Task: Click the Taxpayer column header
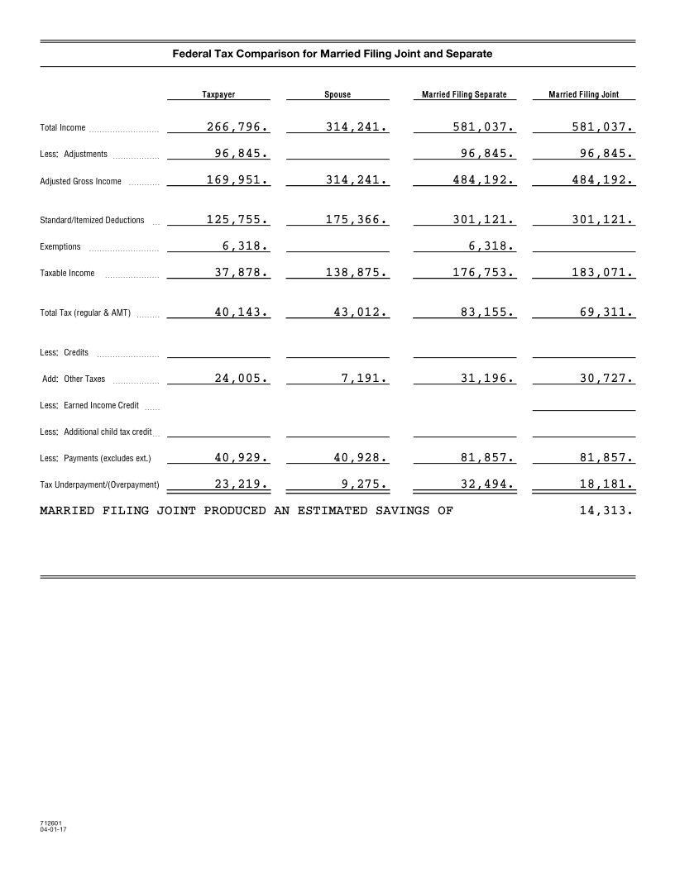(218, 95)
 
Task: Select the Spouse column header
(337, 95)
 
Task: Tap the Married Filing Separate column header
(464, 95)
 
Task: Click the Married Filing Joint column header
(583, 95)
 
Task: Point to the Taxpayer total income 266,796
(237, 127)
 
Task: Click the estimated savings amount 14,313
(606, 510)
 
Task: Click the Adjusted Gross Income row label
(80, 182)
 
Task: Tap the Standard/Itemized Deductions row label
(92, 221)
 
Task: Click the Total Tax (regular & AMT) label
(85, 313)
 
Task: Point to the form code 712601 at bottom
(51, 823)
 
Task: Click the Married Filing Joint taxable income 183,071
(601, 273)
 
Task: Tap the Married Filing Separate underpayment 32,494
(484, 484)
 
